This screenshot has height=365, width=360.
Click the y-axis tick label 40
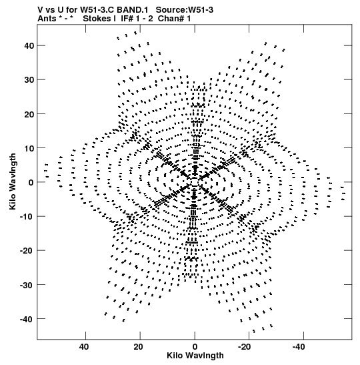pyautogui.click(x=29, y=45)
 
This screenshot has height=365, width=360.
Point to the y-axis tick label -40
pyautogui.click(x=27, y=319)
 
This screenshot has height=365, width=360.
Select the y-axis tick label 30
pyautogui.click(x=29, y=80)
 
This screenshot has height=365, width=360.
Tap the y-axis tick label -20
pyautogui.click(x=27, y=251)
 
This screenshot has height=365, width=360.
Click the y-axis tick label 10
pyautogui.click(x=29, y=148)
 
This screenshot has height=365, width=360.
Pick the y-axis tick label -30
pyautogui.click(x=27, y=285)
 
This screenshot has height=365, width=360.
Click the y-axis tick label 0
pyautogui.click(x=31, y=182)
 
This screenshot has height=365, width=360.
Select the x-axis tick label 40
pyautogui.click(x=84, y=346)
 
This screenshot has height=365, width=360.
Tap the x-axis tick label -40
pyautogui.click(x=299, y=346)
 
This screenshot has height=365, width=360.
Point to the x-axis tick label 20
pyautogui.click(x=139, y=346)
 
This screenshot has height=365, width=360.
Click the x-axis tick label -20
pyautogui.click(x=244, y=346)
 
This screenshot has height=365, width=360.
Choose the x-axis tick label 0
pyautogui.click(x=195, y=346)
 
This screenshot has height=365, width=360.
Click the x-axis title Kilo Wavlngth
pyautogui.click(x=195, y=356)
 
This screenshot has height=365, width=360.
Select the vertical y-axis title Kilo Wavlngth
pyautogui.click(x=13, y=181)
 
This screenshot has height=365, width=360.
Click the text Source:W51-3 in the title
pyautogui.click(x=185, y=10)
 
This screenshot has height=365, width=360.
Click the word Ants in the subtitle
pyautogui.click(x=47, y=19)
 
